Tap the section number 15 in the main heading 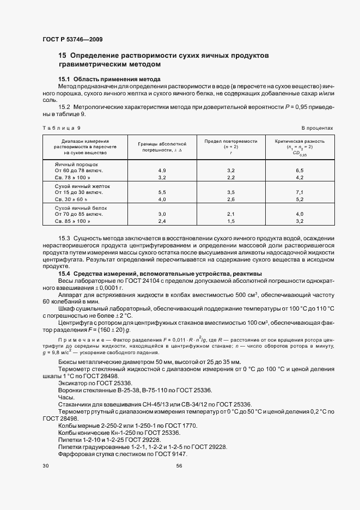(x=62, y=56)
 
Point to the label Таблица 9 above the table (x=61, y=127)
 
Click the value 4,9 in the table (x=162, y=171)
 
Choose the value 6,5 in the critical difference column (x=298, y=171)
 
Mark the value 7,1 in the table (x=298, y=193)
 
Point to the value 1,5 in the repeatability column (x=230, y=222)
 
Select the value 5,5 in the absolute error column (x=162, y=193)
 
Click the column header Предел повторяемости (x=230, y=141)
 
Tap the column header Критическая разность (x=298, y=141)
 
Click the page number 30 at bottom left (x=46, y=466)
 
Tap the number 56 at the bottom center (x=180, y=466)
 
